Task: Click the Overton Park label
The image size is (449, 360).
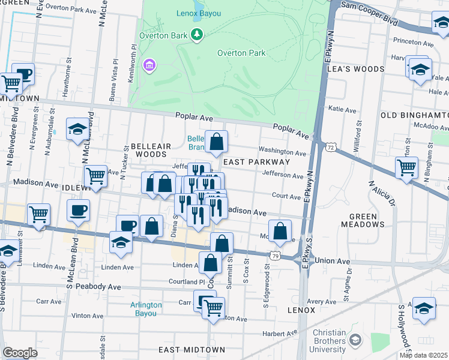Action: pos(241,53)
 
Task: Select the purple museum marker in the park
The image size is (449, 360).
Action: pos(148,64)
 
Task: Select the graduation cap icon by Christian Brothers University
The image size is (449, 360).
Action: pos(355,341)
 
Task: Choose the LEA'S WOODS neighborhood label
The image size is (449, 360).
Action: pos(355,69)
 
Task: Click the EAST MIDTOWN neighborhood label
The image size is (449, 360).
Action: pos(191,349)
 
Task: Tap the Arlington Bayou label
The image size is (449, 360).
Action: pos(146,308)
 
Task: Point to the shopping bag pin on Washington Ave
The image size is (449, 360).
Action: pos(217,142)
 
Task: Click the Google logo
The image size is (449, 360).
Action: pos(20,353)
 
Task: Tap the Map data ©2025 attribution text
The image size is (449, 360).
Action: pos(423,355)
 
